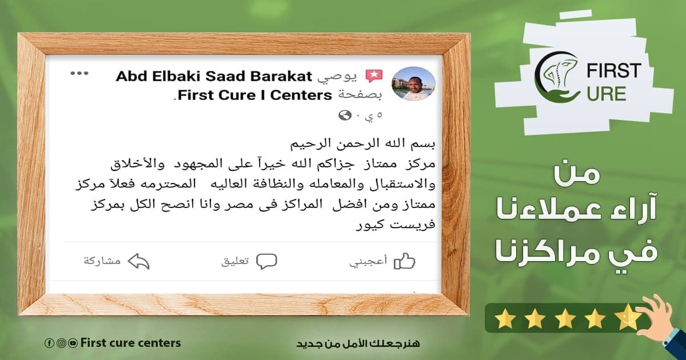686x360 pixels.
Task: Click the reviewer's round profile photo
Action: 413,83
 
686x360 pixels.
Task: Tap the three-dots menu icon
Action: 79,74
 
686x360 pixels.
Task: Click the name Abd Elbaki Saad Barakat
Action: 214,76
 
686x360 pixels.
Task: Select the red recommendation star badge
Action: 374,76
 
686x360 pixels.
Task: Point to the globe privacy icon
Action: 345,115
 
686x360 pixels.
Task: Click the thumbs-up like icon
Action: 404,261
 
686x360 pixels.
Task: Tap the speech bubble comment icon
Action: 266,261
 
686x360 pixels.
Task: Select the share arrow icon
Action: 138,261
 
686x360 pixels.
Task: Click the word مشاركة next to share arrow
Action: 102,261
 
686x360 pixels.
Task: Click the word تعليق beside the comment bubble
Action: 235,261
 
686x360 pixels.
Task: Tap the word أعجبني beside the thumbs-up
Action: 368,261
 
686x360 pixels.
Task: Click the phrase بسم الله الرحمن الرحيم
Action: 362,143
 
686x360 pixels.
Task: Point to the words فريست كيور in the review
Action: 396,225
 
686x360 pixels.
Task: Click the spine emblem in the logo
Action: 560,74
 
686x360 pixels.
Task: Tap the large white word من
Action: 576,174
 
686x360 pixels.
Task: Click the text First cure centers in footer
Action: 130,343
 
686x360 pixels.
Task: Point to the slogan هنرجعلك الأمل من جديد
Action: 358,343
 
